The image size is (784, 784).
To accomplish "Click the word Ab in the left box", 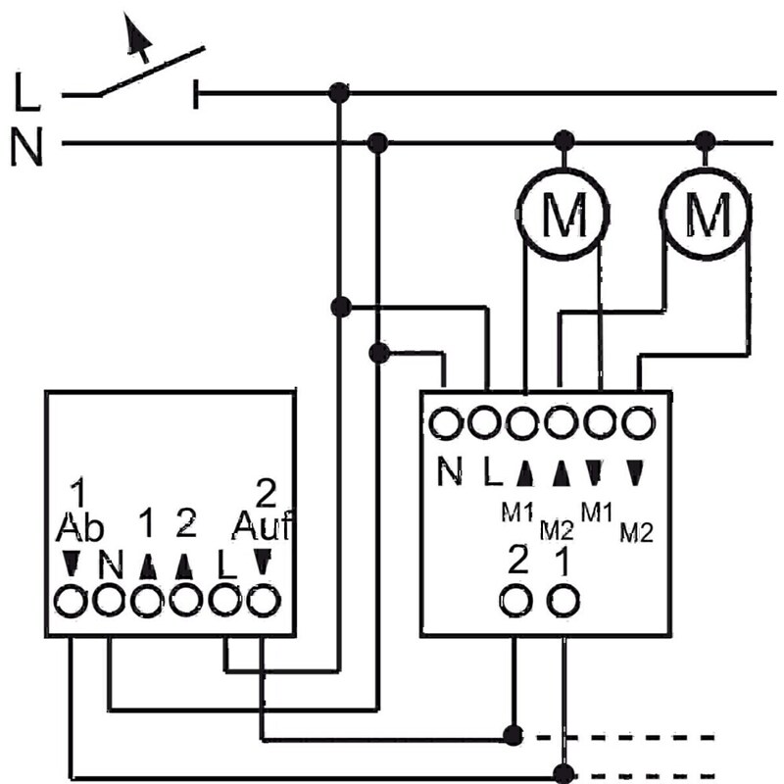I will pos(80,529).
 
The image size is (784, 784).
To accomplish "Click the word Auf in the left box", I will pos(260,529).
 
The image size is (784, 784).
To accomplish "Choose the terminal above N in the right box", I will pos(447,423).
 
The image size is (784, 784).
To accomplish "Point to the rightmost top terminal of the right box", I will pos(638,423).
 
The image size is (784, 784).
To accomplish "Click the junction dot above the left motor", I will pos(562,139).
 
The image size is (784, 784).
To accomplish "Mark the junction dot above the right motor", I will pos(703,139).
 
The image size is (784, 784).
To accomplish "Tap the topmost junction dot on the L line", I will pos(339,93).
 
